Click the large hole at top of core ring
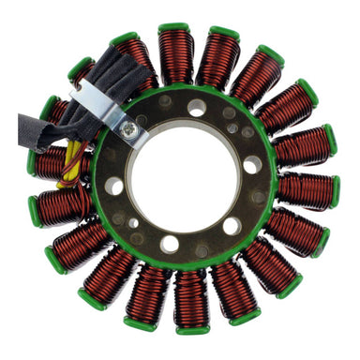click(x=197, y=108)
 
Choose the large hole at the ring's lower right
click(x=231, y=225)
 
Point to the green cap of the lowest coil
click(x=192, y=328)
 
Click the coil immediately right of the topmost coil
click(x=217, y=62)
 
